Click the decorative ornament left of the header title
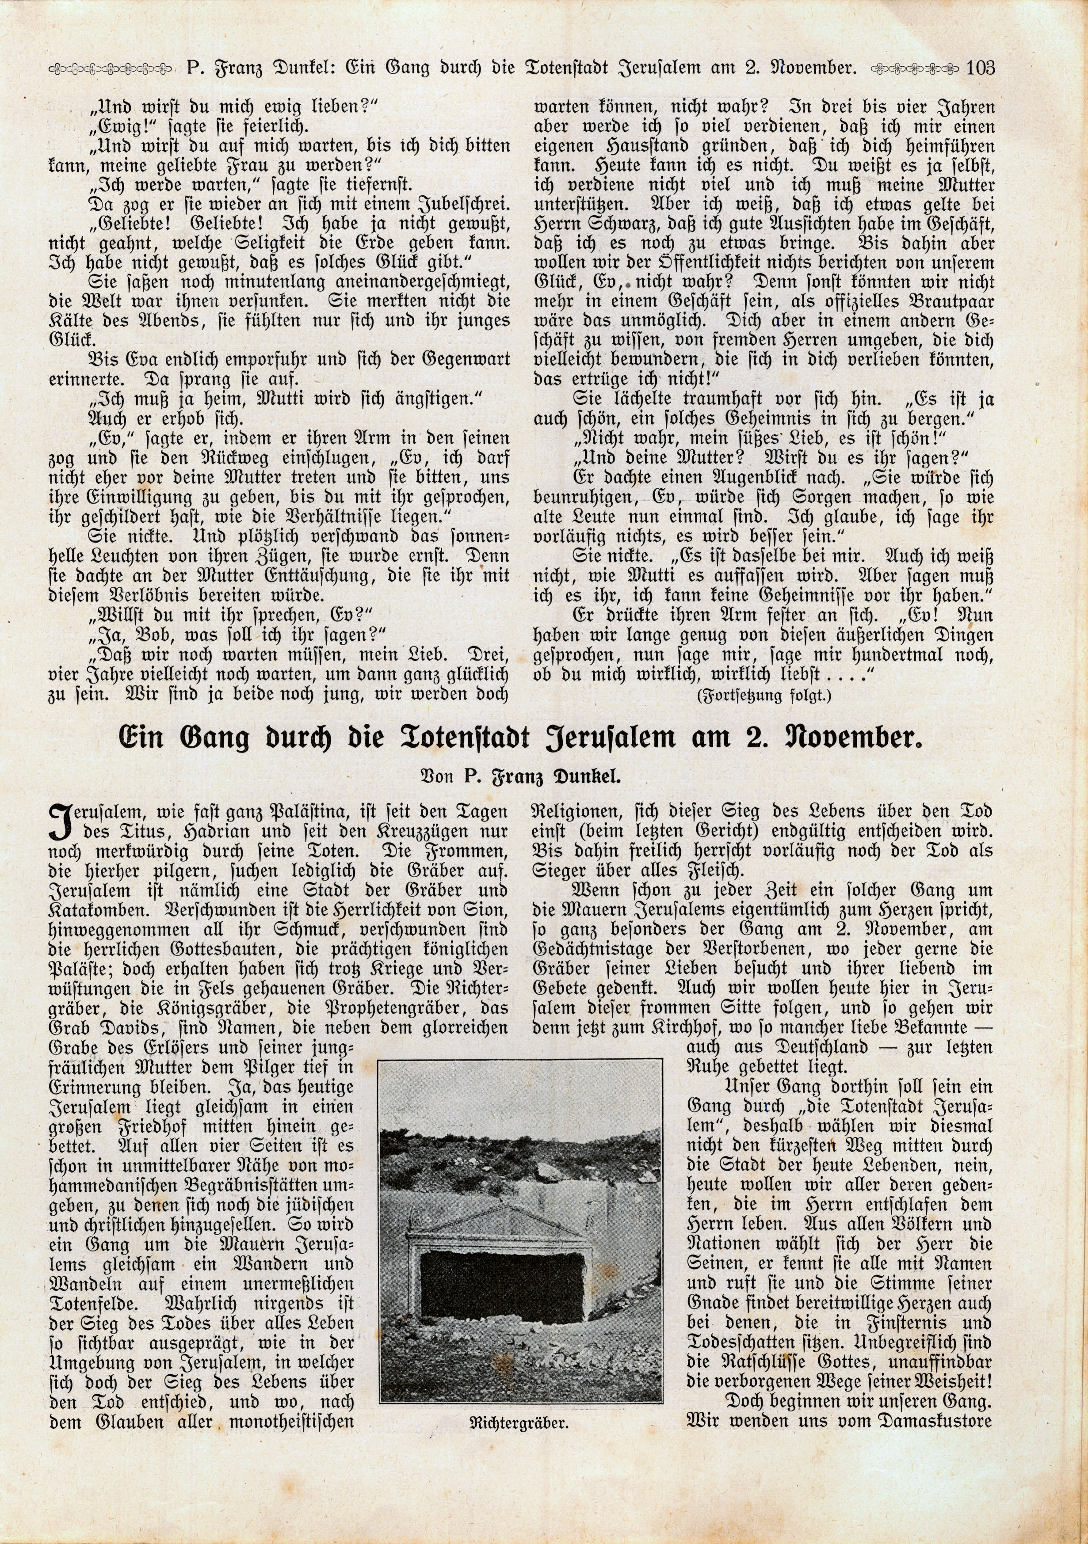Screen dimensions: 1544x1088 coord(111,68)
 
